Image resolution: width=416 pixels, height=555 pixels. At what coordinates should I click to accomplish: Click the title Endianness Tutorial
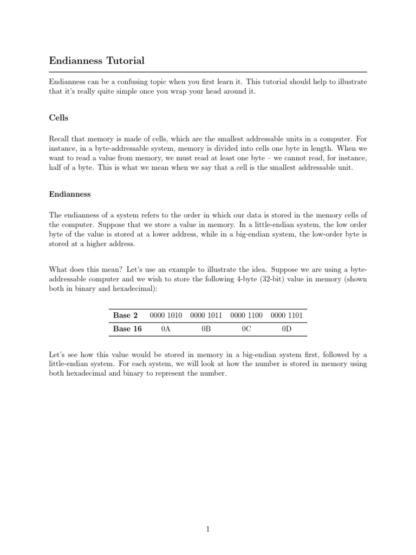pyautogui.click(x=97, y=60)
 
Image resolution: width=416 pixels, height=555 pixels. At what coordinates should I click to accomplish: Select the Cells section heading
pyautogui.click(x=58, y=118)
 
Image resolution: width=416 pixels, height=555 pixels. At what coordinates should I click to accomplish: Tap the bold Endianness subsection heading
pyautogui.click(x=70, y=193)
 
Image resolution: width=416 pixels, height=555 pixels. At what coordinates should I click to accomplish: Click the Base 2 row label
pyautogui.click(x=125, y=315)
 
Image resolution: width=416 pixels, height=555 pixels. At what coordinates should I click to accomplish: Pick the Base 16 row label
pyautogui.click(x=127, y=329)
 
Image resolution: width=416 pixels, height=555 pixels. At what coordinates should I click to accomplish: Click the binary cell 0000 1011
pyautogui.click(x=206, y=315)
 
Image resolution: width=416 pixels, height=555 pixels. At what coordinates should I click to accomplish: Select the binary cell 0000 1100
pyautogui.click(x=246, y=315)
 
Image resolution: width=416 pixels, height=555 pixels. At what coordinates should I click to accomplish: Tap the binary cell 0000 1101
pyautogui.click(x=287, y=315)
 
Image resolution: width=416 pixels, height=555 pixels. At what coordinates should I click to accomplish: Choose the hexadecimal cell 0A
pyautogui.click(x=166, y=329)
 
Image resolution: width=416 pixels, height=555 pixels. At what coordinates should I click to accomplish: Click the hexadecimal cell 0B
pyautogui.click(x=206, y=329)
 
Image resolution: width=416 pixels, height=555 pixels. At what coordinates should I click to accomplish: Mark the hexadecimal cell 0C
pyautogui.click(x=246, y=329)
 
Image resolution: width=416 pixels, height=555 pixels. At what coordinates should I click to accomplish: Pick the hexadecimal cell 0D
pyautogui.click(x=287, y=329)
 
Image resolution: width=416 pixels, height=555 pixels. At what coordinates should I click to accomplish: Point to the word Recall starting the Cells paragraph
pyautogui.click(x=59, y=139)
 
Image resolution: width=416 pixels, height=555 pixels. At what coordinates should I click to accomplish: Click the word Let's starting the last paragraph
pyautogui.click(x=57, y=354)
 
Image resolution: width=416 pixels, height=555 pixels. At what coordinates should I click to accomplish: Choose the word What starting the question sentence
pyautogui.click(x=58, y=269)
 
